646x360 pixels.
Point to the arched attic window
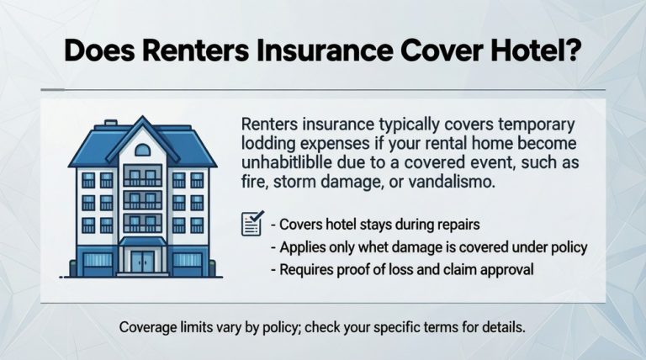click(x=140, y=150)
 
